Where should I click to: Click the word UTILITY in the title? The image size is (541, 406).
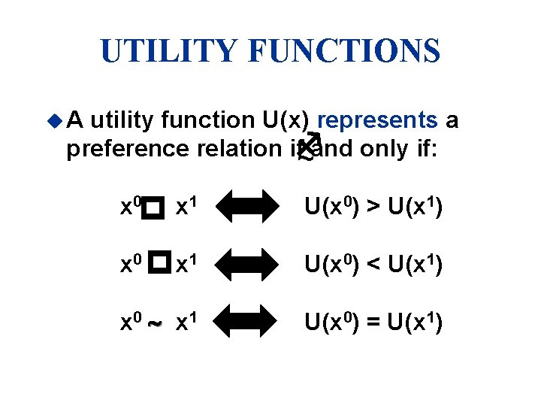(x=171, y=50)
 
